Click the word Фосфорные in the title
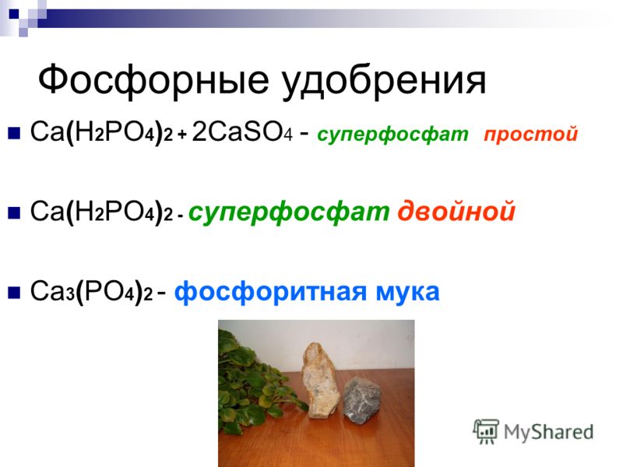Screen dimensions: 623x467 coord(153,81)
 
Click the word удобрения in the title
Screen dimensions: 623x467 coord(384,83)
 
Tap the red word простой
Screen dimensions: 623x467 coord(531,134)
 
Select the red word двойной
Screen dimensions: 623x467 coord(456,212)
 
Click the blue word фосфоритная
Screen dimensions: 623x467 coord(270,293)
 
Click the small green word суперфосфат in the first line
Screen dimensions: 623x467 coord(392,135)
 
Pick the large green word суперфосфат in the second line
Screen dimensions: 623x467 coord(289,212)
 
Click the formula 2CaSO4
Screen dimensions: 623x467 coord(242,132)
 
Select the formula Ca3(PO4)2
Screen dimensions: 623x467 coord(91,292)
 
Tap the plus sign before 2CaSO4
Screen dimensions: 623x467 coord(182,135)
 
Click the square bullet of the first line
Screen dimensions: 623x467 coord(14,132)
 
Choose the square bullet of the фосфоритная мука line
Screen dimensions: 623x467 coord(14,293)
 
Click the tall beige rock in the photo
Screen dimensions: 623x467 coord(320,381)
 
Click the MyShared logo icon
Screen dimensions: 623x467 coord(486,431)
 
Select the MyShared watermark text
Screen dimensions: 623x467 coord(549,432)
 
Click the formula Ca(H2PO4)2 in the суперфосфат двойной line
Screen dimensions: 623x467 coord(102,212)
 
